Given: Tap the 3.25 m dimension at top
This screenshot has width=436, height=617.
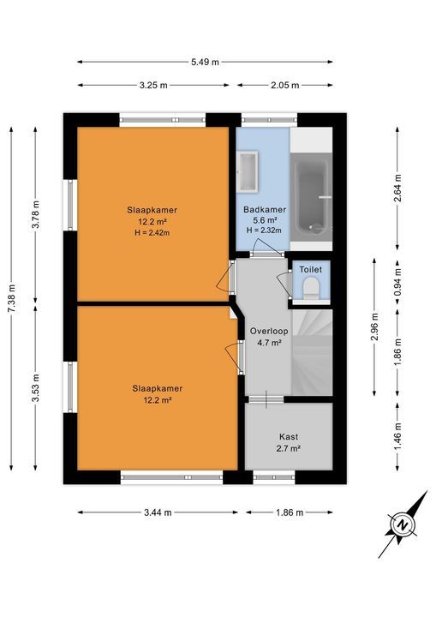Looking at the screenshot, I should pos(153,85).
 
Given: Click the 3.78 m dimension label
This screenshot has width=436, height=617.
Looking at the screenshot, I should pos(35,214).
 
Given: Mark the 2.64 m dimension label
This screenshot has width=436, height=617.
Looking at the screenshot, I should pos(398,187).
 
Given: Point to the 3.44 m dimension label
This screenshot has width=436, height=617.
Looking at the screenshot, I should pos(158,512).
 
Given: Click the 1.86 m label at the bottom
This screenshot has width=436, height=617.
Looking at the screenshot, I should pos(289,512).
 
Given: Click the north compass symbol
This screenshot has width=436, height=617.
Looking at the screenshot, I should pos(401,524).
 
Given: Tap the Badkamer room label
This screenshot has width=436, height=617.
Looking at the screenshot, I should pos(264,210).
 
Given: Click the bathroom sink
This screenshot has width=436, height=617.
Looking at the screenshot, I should pos(248,170).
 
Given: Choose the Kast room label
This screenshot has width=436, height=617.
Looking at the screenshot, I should pos(289,436).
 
